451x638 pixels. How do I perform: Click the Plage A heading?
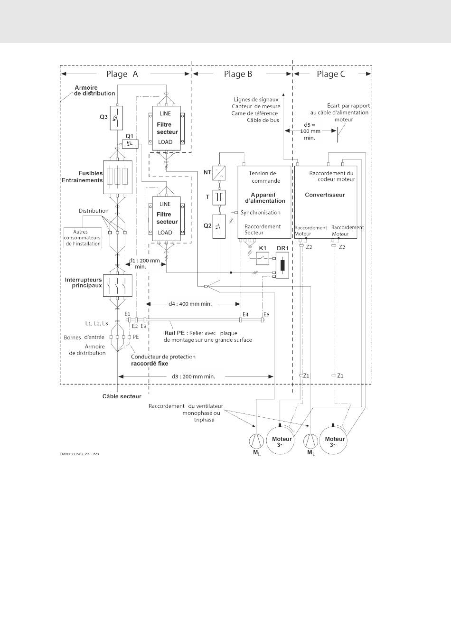122,74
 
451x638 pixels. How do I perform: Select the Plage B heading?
238,74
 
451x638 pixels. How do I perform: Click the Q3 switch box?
116,118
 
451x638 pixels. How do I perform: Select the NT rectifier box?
219,173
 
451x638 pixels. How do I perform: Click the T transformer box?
219,197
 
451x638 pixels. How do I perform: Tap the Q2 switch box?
219,226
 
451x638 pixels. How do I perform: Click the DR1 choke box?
282,266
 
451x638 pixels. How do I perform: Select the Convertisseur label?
325,195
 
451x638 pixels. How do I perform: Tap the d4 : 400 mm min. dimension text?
190,303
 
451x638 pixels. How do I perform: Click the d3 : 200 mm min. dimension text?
194,376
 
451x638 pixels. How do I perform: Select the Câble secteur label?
122,396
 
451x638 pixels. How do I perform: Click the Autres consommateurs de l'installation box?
83,238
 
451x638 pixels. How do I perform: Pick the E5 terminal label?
266,314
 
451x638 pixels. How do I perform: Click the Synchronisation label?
261,213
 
